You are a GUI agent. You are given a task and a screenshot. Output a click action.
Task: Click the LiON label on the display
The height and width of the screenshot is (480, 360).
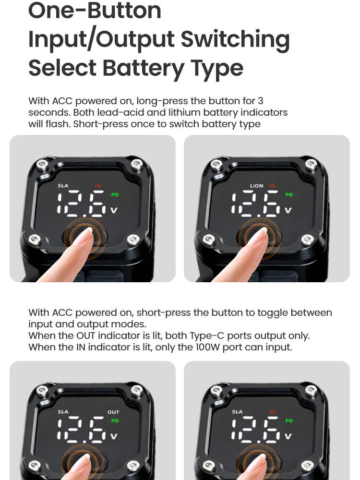pos(256,186)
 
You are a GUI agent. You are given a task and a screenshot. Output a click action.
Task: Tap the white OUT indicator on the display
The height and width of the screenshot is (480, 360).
pos(113,412)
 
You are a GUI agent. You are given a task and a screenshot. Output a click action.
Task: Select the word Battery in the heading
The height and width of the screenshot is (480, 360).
pos(143,68)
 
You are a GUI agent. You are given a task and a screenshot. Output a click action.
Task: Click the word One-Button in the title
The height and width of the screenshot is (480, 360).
pos(95,11)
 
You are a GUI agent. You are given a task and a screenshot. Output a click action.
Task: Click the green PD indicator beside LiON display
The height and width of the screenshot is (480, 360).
pos(289,195)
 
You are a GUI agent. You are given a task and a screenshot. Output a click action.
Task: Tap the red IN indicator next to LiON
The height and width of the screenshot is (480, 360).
pos(272,186)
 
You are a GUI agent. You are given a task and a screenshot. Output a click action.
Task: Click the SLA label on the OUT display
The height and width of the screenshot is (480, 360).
pos(63,412)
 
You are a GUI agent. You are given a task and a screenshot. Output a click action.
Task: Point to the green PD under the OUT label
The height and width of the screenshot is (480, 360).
pos(115,421)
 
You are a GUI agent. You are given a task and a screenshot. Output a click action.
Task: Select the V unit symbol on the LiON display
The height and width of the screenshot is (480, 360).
pos(288,211)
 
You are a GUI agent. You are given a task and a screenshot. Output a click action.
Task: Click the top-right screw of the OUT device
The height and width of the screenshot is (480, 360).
pos(137,391)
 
